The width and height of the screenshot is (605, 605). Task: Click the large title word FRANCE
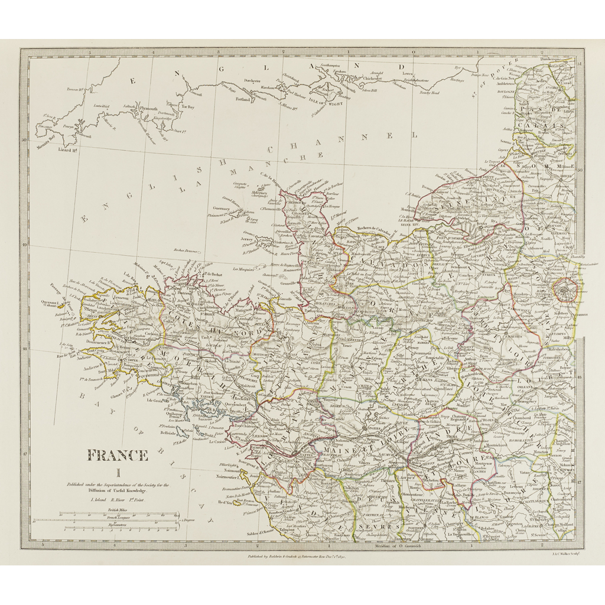pyautogui.click(x=118, y=455)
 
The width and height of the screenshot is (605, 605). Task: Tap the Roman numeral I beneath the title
pyautogui.click(x=117, y=473)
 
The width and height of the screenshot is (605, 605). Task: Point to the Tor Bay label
pyautogui.click(x=188, y=107)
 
